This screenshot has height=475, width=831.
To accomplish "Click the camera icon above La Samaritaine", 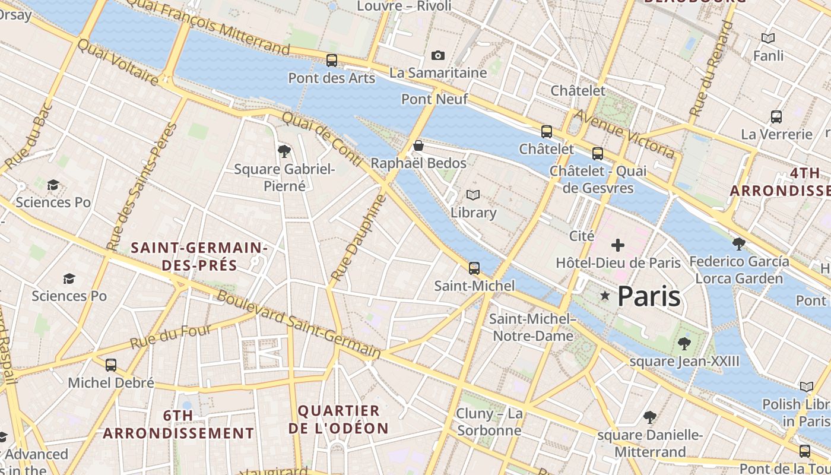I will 437,55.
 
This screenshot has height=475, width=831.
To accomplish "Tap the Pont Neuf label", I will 434,99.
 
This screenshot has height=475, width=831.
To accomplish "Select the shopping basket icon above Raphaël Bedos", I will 418,145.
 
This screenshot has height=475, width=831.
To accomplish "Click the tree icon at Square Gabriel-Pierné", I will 284,151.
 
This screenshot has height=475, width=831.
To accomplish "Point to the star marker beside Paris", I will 605,295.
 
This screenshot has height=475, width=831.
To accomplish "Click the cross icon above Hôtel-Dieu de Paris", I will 618,245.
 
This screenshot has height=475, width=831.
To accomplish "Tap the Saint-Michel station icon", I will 474,268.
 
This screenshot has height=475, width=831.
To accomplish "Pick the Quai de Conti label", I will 321,139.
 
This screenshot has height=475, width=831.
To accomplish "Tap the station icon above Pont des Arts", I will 332,60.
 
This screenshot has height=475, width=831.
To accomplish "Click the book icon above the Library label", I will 473,195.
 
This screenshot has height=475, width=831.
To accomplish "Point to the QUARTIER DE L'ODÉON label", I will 338,419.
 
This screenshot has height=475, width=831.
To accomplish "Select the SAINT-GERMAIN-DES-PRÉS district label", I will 199,256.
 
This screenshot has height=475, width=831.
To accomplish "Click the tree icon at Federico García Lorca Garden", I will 739,243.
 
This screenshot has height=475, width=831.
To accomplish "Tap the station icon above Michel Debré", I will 111,365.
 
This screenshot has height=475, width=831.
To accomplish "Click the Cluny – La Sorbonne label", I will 489,422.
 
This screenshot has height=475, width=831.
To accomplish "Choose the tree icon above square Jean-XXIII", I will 684,343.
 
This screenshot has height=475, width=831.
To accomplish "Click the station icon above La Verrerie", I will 776,116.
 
